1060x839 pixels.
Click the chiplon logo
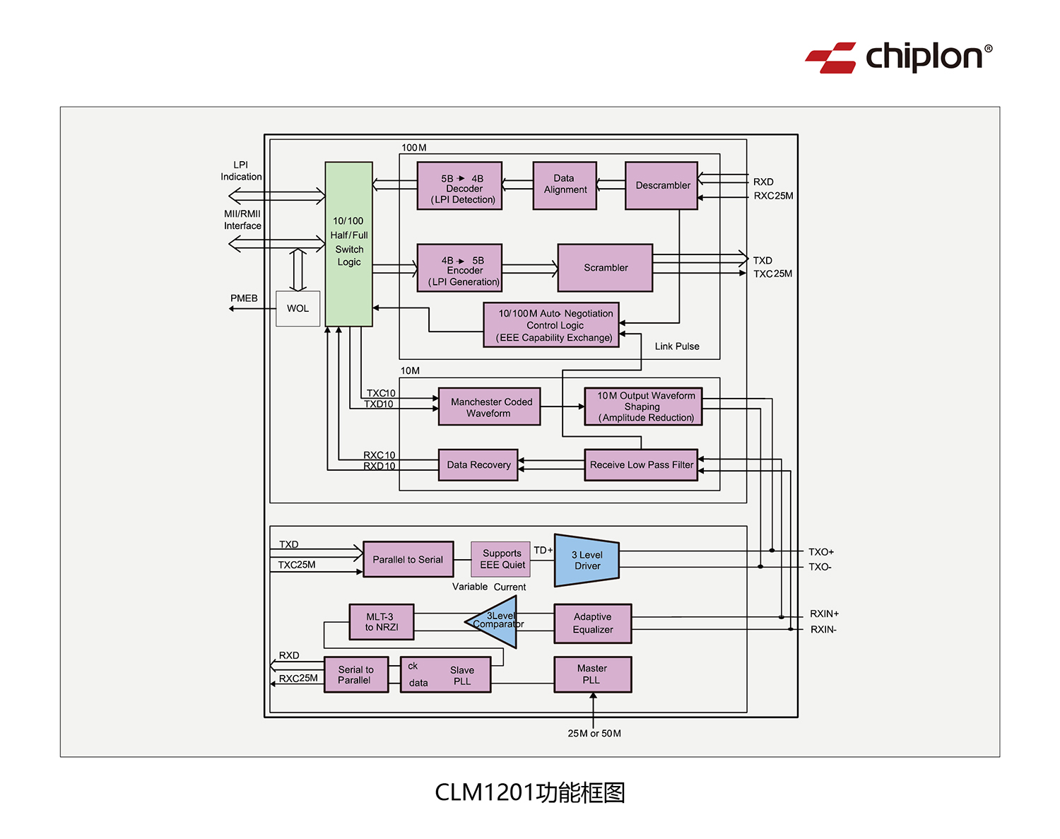(x=898, y=57)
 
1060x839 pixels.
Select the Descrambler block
(x=661, y=186)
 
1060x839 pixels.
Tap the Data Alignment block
(x=565, y=185)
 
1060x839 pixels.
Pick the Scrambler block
(x=605, y=268)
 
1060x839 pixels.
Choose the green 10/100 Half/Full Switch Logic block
(x=348, y=244)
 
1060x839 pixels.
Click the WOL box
(x=298, y=309)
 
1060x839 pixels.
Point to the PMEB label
(x=244, y=298)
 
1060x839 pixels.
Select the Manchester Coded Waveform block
(x=489, y=407)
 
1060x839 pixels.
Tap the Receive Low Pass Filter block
(x=641, y=465)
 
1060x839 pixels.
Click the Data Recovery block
(x=478, y=465)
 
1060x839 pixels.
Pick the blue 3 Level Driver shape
(x=587, y=561)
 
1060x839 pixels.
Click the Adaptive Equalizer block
(x=592, y=623)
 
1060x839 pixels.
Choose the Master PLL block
(x=592, y=674)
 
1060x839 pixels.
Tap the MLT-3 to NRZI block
(x=382, y=622)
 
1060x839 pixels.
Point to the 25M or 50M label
(x=594, y=734)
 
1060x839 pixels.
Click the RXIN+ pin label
(x=824, y=614)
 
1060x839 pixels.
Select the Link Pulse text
(x=676, y=346)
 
